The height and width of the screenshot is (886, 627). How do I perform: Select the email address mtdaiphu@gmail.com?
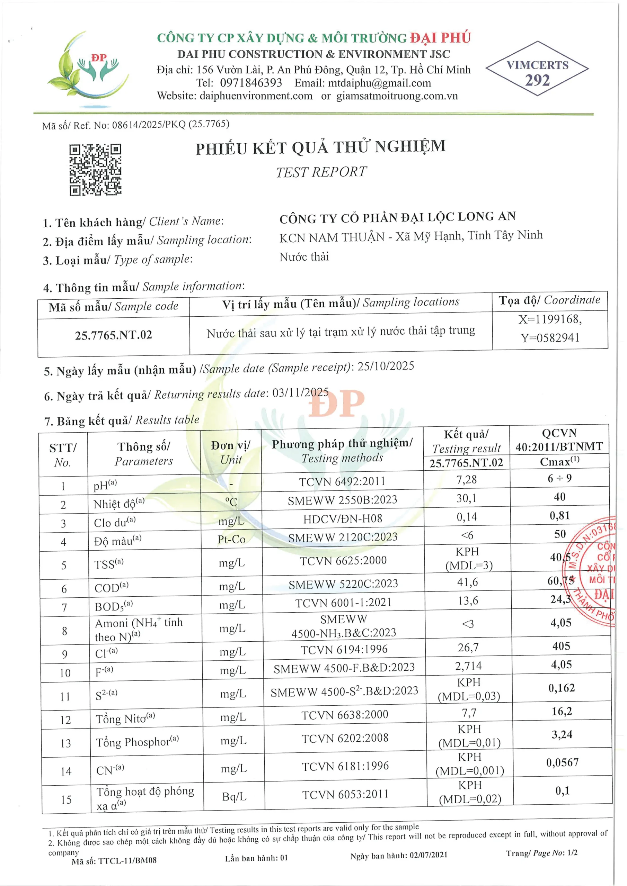point(379,83)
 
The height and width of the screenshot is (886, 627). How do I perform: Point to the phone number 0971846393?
point(251,83)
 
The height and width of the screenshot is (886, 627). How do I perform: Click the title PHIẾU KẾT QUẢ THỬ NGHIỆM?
point(320,147)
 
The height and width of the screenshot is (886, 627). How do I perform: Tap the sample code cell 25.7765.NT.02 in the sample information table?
point(114,335)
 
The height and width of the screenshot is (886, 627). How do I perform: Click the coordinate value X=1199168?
point(550,319)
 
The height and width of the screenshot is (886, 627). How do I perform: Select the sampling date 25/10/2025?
point(386,366)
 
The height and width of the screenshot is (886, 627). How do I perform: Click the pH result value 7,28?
point(466,480)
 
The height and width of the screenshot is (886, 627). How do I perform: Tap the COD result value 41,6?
point(467,582)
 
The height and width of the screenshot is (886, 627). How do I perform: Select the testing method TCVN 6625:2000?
point(343,561)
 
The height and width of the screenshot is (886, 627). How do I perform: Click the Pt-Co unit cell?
point(231,539)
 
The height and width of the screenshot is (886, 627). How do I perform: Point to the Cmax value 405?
point(561,646)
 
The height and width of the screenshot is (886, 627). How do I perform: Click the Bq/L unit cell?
point(234,796)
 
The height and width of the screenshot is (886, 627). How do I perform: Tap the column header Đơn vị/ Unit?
point(231,452)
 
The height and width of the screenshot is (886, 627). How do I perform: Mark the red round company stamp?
point(595,571)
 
